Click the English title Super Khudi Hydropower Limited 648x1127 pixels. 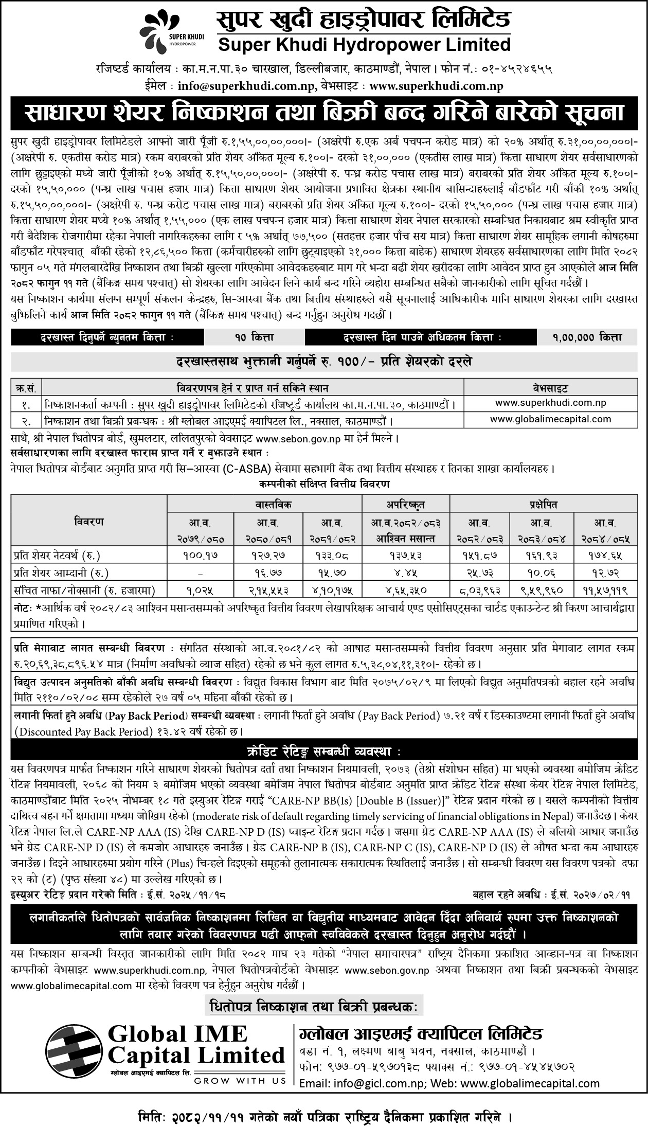(364, 45)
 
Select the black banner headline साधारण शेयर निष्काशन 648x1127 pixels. (323, 113)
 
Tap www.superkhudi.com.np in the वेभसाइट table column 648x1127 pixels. (550, 402)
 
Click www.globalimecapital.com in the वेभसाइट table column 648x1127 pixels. (550, 419)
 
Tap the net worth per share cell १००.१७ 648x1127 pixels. (200, 556)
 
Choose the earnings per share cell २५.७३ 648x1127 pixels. (479, 573)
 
